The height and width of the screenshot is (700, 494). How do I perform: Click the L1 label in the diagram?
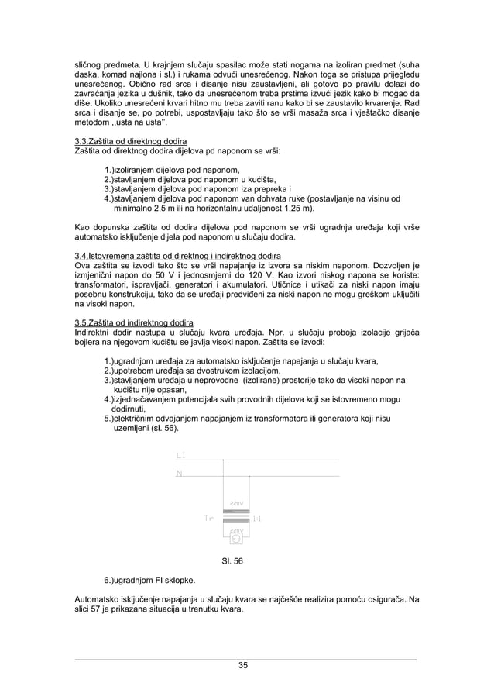tap(180, 455)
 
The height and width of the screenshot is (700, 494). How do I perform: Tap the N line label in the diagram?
tap(180, 473)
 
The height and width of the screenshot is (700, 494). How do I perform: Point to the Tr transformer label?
tap(208, 518)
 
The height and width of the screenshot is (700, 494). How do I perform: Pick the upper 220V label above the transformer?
tap(237, 503)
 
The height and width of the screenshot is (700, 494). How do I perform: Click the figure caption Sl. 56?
tap(233, 562)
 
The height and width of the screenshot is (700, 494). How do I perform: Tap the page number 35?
tap(244, 665)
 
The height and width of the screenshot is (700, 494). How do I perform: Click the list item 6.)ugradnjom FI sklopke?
tap(150, 579)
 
